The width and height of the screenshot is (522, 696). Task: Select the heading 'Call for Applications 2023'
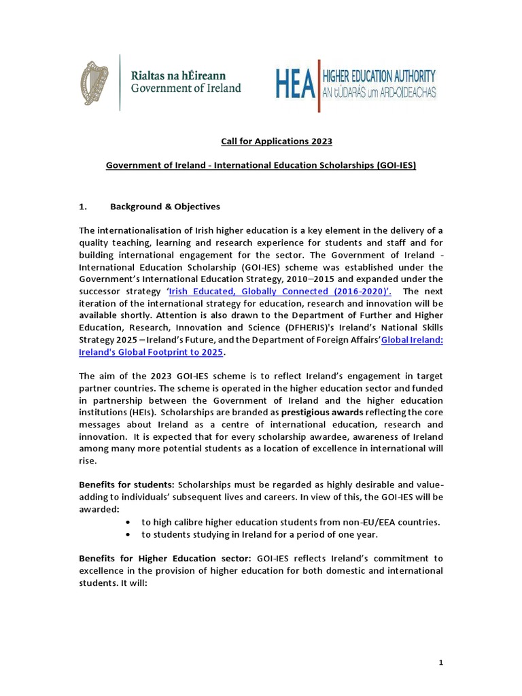point(276,141)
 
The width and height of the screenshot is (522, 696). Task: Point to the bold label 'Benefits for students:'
point(127,485)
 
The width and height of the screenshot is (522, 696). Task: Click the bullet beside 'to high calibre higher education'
point(129,522)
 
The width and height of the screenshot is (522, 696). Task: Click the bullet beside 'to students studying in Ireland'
point(129,534)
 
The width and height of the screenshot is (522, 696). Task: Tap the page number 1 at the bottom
point(440,662)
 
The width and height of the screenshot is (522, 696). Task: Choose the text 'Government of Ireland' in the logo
point(186,88)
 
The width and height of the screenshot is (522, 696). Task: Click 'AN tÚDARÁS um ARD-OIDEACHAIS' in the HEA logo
point(378,91)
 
